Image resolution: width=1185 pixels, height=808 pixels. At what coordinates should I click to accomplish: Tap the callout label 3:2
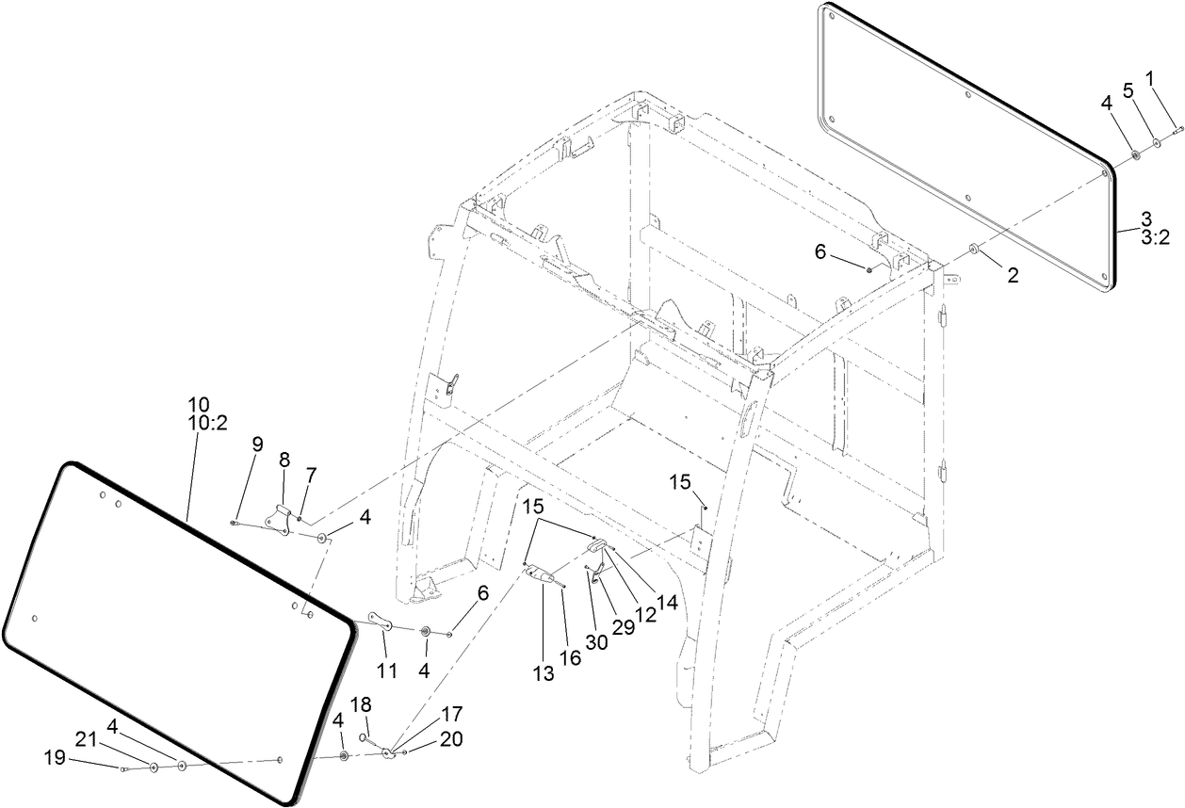click(1155, 239)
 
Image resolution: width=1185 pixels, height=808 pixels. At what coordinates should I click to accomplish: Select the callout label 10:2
click(208, 424)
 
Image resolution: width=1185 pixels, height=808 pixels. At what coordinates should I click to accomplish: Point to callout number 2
click(1012, 276)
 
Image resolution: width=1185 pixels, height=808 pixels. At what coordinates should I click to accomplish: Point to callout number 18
click(363, 705)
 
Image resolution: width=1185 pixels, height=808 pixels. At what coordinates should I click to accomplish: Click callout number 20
click(451, 739)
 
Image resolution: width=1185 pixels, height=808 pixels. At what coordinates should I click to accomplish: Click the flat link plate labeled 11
click(381, 622)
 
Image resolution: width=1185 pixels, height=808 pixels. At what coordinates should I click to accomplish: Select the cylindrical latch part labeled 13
click(543, 574)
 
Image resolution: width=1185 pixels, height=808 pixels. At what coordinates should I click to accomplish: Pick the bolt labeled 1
click(1177, 133)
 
